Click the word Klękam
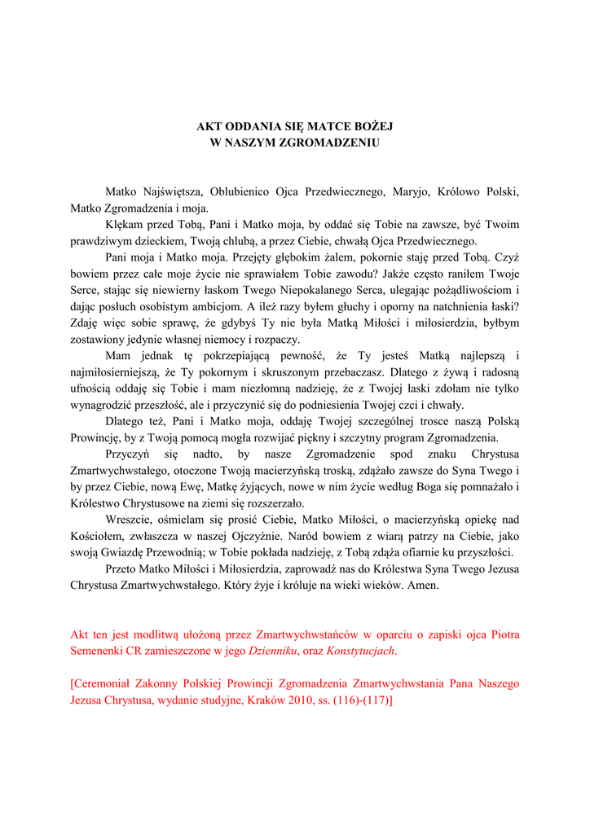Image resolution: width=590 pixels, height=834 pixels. [123, 225]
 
